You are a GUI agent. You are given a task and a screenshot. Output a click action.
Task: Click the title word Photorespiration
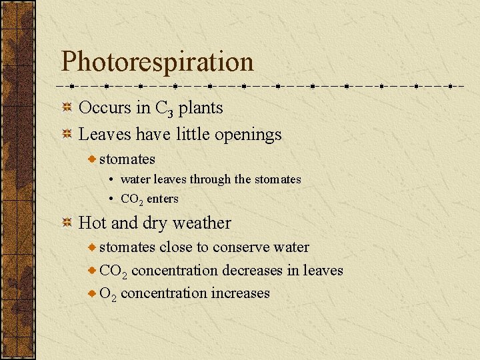click(x=157, y=62)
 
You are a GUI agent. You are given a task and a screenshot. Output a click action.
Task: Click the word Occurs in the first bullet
click(x=104, y=107)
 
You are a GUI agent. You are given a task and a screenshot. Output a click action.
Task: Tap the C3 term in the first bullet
click(x=163, y=109)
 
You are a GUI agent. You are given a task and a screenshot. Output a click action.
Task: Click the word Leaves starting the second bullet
click(x=105, y=134)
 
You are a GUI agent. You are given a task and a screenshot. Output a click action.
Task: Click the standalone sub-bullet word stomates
click(x=127, y=159)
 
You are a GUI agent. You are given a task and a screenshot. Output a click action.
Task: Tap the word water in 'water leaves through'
click(x=135, y=179)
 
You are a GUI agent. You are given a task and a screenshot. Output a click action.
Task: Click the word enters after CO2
click(x=163, y=199)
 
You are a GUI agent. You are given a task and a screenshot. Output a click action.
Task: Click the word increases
click(x=241, y=293)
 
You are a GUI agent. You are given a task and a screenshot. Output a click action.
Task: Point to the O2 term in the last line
click(x=108, y=293)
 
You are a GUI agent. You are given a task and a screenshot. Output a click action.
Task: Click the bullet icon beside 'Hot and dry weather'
click(x=67, y=223)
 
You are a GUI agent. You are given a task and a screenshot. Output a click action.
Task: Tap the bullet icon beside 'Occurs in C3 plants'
click(x=67, y=107)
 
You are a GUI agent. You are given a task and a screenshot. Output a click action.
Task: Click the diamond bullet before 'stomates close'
click(x=92, y=247)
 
